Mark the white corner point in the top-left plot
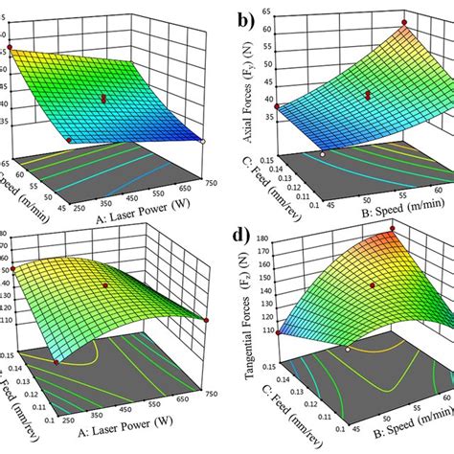click(204, 141)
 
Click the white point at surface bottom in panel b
click(324, 153)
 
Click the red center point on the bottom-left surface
click(107, 284)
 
